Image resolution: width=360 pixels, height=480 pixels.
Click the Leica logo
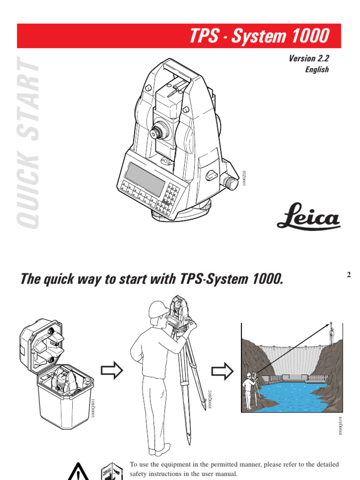[x=308, y=217]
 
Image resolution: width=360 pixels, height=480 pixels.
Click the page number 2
[x=348, y=275]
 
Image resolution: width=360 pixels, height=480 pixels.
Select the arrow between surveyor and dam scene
[x=222, y=371]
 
